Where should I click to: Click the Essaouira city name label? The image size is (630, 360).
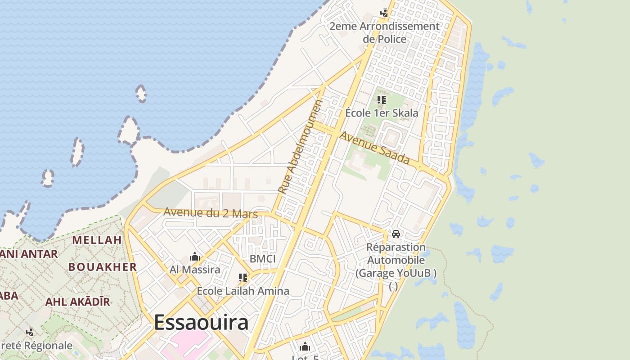[x=201, y=323]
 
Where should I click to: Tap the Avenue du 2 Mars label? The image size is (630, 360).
[x=210, y=212]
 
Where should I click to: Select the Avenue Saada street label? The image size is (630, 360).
[x=374, y=148]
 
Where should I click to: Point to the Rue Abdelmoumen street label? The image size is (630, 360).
[x=301, y=147]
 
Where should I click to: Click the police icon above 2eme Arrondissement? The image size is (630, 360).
[x=384, y=13]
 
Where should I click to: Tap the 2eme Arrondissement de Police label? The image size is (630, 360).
[x=384, y=32]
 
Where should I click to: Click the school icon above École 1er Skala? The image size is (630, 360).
[x=382, y=100]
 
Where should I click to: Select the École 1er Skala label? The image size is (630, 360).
[x=382, y=113]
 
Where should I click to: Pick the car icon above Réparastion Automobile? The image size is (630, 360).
[x=396, y=234]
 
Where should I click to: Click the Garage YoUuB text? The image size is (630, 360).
[x=396, y=273]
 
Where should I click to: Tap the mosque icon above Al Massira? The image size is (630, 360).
[x=195, y=257]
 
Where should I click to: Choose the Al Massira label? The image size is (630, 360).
[x=195, y=270]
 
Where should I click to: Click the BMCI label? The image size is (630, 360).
[x=262, y=259]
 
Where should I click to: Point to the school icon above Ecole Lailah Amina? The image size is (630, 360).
[x=243, y=278]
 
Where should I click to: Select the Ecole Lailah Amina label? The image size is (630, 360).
[x=243, y=291]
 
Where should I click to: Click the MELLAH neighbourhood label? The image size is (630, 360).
[x=97, y=240]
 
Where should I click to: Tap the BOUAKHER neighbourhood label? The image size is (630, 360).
[x=103, y=267]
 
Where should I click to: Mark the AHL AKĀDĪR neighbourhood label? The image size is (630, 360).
[x=77, y=302]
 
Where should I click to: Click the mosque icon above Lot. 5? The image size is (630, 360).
[x=305, y=346]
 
